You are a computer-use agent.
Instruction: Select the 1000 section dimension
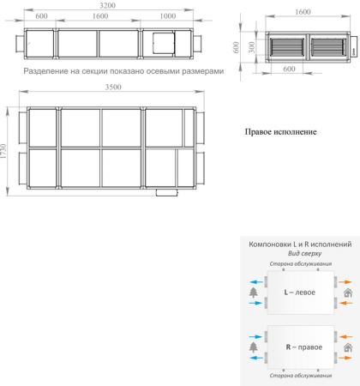167,17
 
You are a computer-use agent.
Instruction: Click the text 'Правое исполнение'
280,132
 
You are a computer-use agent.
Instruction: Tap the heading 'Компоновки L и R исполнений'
299,244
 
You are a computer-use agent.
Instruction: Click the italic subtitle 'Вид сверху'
299,255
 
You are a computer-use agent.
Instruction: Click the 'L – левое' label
299,293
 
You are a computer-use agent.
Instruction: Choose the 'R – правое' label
298,347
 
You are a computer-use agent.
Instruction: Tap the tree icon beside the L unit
254,293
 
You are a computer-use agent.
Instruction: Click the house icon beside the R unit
347,347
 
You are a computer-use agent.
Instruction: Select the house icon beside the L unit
347,293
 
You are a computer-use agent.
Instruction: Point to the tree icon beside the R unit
254,347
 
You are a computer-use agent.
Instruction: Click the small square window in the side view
160,40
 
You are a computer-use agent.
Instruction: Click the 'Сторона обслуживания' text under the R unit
299,376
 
